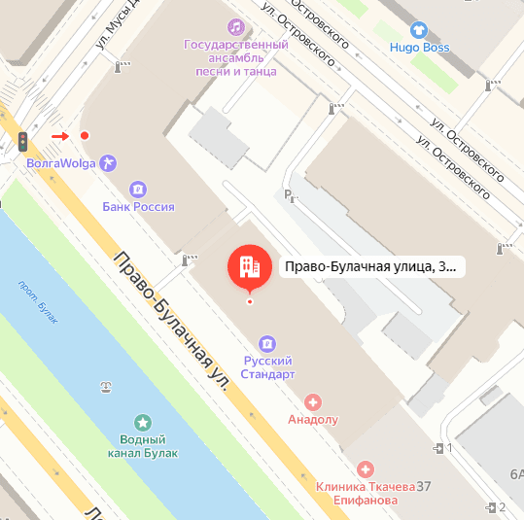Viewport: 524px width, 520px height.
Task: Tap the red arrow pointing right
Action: click(x=60, y=136)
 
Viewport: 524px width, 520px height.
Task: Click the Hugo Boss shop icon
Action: click(x=419, y=29)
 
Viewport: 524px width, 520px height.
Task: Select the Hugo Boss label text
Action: click(x=419, y=47)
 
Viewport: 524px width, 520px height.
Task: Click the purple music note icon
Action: click(x=234, y=26)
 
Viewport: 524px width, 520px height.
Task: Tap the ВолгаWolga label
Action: click(x=60, y=163)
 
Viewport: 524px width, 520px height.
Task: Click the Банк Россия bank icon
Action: click(x=139, y=189)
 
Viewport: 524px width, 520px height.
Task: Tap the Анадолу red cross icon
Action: click(x=313, y=401)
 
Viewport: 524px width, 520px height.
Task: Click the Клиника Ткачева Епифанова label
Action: click(x=358, y=493)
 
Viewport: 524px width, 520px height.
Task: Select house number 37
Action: click(x=424, y=486)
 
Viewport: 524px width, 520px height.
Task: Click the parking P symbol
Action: click(x=287, y=195)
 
